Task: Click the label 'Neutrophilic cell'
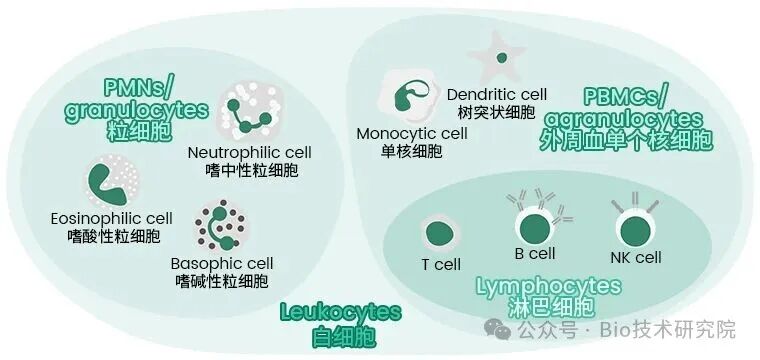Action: [250, 152]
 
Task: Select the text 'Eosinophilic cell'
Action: [111, 218]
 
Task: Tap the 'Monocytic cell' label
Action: [411, 133]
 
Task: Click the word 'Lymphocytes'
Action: [548, 287]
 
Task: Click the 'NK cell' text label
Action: [635, 258]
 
